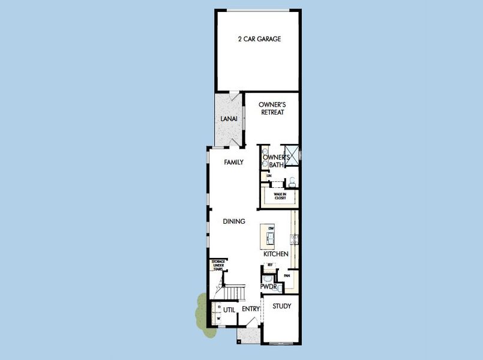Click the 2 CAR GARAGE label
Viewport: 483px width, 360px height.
coord(259,39)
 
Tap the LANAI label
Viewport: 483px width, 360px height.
coord(229,119)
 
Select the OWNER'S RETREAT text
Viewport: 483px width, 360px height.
coord(271,108)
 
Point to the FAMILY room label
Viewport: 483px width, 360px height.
coord(233,162)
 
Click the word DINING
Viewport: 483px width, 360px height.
coord(234,221)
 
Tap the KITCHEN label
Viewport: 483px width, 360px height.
coord(276,254)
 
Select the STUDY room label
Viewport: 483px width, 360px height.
coord(281,306)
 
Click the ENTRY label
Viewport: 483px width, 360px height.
coord(250,309)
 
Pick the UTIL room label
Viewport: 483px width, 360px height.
coord(229,309)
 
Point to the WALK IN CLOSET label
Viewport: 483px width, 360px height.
coord(280,196)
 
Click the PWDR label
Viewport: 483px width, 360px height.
coord(268,287)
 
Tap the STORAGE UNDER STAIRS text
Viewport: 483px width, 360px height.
coord(217,266)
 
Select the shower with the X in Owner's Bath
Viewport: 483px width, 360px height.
coord(292,154)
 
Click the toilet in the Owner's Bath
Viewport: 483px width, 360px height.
coord(292,181)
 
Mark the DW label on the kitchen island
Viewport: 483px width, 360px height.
coord(271,229)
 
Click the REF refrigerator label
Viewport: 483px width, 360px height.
coord(270,265)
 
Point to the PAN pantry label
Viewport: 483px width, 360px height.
coord(287,276)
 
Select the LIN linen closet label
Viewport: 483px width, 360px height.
coord(261,175)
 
